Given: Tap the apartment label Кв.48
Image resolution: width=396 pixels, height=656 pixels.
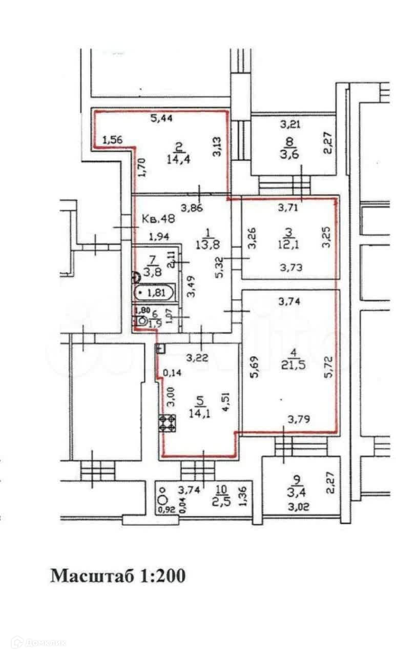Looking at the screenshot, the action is click(x=158, y=219).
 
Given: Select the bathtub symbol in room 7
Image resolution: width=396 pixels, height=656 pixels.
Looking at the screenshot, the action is click(x=154, y=294).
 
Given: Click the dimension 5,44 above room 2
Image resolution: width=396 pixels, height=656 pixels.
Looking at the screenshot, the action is click(x=161, y=119).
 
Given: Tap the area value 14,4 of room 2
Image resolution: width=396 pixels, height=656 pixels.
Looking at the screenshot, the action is click(x=177, y=159).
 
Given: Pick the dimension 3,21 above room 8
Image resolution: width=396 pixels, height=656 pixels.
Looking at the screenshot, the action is click(x=289, y=124).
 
